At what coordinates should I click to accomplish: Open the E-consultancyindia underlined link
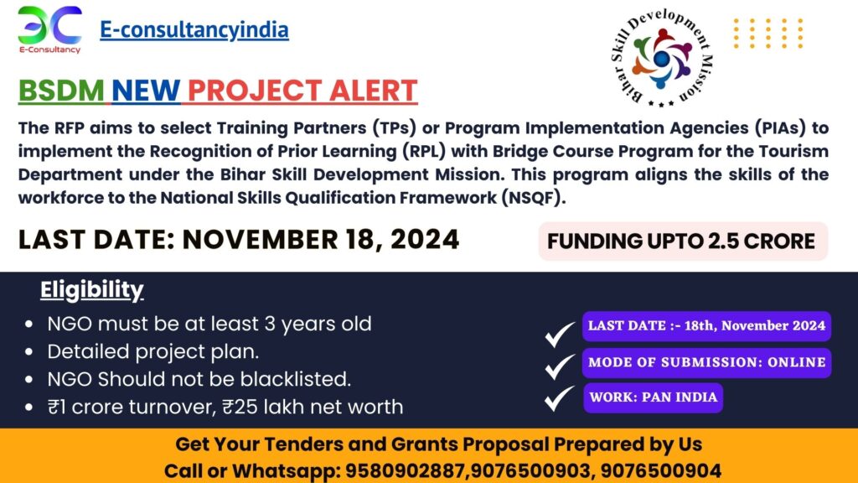point(194,30)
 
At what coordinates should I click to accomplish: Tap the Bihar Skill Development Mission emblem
point(661,58)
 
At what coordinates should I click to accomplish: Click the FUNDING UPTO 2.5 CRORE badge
point(682,241)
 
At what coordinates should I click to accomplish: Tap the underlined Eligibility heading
point(92,290)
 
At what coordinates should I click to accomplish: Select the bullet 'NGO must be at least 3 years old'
point(209,324)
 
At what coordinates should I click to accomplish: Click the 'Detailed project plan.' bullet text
point(153,351)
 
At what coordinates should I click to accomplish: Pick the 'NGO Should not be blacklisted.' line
point(199,379)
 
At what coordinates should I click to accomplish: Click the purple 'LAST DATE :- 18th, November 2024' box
point(706,326)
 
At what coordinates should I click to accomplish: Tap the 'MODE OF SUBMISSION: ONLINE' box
point(706,362)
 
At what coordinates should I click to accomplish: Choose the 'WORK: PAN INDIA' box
point(653,397)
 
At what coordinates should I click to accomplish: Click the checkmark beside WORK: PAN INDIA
point(559,398)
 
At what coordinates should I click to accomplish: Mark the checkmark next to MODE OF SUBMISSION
point(559,366)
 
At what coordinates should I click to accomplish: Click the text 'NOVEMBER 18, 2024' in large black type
point(321,240)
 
